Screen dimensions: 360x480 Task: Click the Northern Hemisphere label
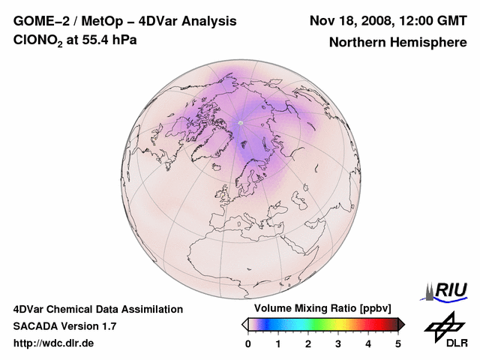click(x=397, y=42)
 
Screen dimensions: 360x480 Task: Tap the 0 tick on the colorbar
click(x=248, y=343)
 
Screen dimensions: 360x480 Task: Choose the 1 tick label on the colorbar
click(x=278, y=343)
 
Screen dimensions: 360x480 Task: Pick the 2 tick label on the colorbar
click(x=308, y=343)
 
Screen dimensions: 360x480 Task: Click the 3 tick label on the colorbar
click(x=338, y=343)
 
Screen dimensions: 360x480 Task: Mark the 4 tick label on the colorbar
click(x=368, y=343)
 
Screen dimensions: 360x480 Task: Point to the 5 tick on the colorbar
click(x=398, y=343)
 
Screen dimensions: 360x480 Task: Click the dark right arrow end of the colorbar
click(x=402, y=324)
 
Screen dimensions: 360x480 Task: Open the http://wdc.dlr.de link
click(x=54, y=343)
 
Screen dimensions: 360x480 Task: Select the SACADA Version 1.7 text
click(x=64, y=326)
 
